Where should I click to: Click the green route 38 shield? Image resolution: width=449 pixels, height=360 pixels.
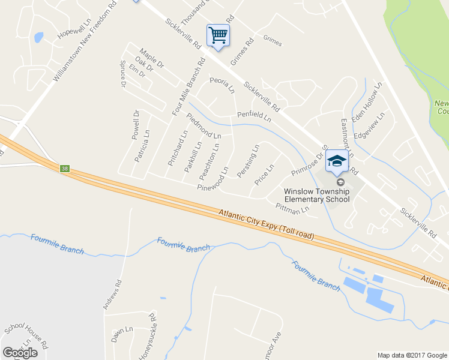(65, 169)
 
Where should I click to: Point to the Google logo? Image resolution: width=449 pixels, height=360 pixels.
(20, 352)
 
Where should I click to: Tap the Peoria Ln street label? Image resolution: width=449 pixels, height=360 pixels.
(221, 85)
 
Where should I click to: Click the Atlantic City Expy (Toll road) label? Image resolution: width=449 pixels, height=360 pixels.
(266, 224)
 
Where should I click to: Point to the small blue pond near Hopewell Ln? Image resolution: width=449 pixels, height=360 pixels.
(39, 38)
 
